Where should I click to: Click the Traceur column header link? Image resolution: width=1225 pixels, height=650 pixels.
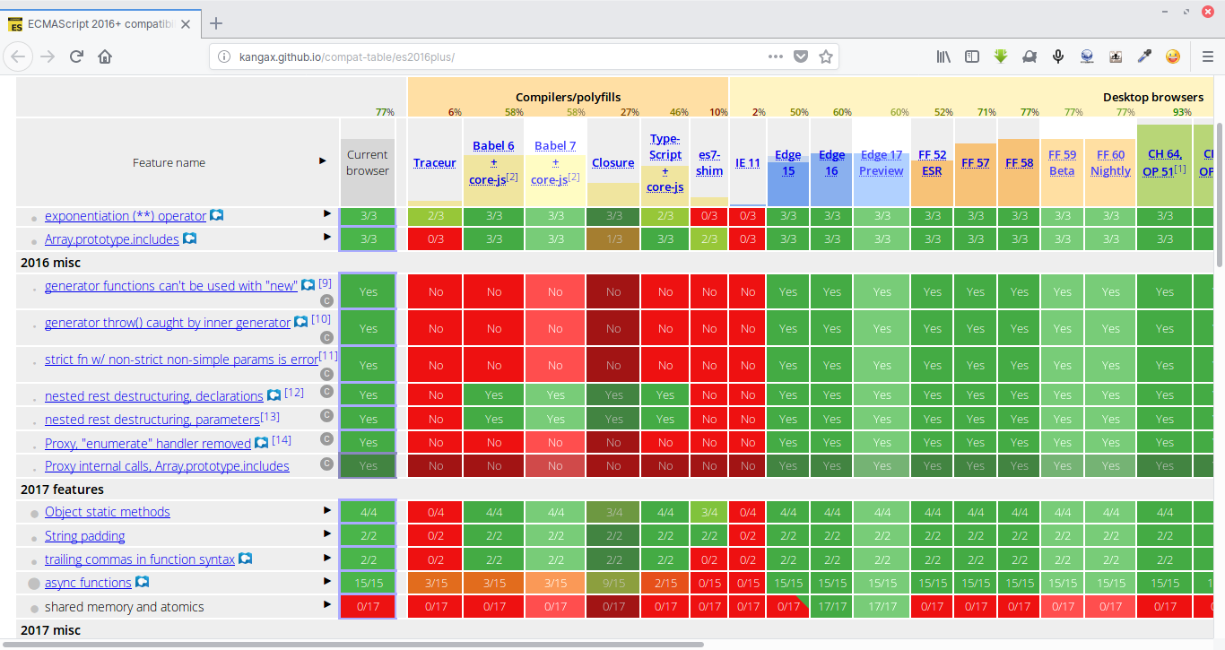tap(435, 162)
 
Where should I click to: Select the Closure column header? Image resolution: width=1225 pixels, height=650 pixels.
tap(613, 162)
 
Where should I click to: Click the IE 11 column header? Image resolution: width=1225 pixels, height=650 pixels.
tap(747, 162)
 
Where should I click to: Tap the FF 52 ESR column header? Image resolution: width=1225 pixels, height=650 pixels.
tap(932, 162)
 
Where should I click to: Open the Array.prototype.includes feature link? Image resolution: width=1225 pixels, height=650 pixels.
tap(112, 239)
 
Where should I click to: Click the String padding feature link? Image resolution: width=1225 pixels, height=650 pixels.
tap(84, 536)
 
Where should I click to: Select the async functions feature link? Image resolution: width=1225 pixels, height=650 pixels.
tap(88, 583)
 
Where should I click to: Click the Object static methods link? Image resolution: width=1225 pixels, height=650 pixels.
tap(107, 512)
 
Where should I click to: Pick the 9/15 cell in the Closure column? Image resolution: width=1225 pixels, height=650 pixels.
tap(613, 583)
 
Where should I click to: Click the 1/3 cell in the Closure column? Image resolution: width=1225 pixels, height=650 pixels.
tap(613, 239)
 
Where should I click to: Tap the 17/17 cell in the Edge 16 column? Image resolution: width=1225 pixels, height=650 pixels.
tap(832, 607)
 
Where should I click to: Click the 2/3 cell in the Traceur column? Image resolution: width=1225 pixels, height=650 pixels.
tap(435, 216)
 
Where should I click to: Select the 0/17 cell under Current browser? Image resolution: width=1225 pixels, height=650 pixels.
tap(368, 607)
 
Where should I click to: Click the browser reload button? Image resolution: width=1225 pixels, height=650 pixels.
tap(77, 56)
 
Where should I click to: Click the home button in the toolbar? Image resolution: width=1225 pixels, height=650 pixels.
tap(105, 56)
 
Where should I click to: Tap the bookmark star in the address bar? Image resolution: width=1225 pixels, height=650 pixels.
tap(826, 56)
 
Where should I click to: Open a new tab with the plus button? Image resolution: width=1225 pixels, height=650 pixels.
tap(216, 23)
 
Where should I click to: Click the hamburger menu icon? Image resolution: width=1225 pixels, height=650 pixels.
tap(1207, 56)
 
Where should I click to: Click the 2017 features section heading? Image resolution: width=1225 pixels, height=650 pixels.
tap(62, 490)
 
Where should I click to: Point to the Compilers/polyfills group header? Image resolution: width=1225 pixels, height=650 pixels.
tap(568, 97)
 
